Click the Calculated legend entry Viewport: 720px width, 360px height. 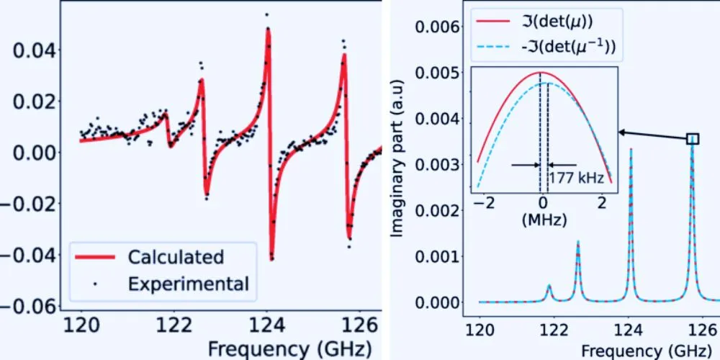[x=176, y=257]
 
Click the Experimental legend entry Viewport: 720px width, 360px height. [x=188, y=284]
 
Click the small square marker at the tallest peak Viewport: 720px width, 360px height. [x=693, y=139]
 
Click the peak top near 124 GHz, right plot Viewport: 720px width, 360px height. [x=631, y=150]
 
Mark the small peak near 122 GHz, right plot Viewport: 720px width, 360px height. [x=549, y=286]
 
